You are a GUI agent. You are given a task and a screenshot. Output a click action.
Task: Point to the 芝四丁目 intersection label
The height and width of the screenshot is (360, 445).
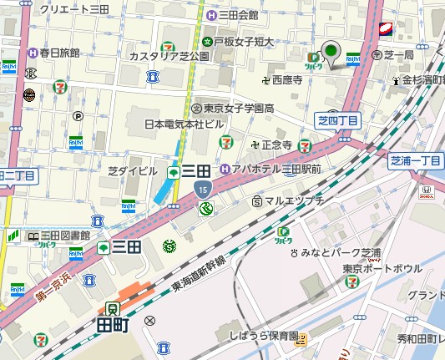pos(339,121)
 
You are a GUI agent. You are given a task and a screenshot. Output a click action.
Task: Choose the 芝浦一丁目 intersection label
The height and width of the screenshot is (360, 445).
pos(416,160)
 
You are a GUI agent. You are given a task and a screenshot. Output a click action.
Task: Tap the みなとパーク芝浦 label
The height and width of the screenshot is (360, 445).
pos(341,252)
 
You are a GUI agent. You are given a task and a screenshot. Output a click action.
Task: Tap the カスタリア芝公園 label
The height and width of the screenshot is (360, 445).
pos(169,56)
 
